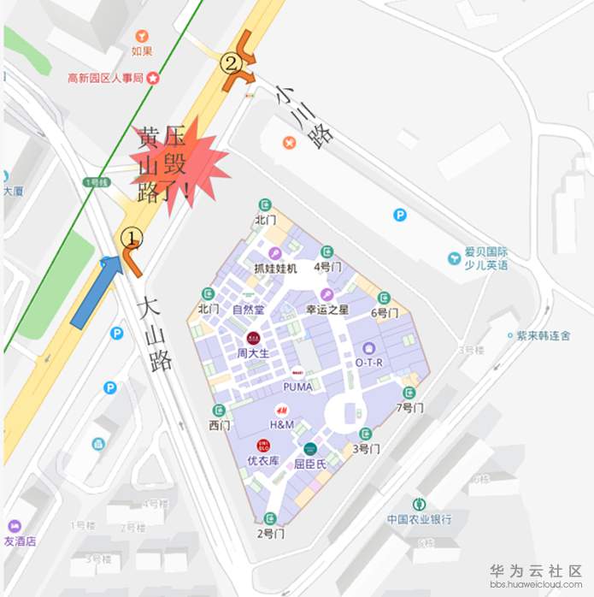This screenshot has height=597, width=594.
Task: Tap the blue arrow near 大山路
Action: pyautogui.click(x=97, y=290)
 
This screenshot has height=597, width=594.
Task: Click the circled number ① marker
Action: pyautogui.click(x=131, y=235)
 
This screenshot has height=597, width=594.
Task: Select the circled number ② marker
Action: pyautogui.click(x=230, y=62)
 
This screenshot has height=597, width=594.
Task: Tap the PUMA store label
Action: pyautogui.click(x=297, y=387)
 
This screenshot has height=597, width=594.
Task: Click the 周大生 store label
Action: pyautogui.click(x=253, y=352)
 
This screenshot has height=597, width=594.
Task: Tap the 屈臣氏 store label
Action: pyautogui.click(x=310, y=464)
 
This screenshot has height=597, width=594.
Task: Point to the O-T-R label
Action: pyautogui.click(x=369, y=362)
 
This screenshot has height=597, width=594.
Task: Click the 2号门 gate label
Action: pyautogui.click(x=270, y=534)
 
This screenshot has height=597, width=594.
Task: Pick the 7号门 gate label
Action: pyautogui.click(x=410, y=408)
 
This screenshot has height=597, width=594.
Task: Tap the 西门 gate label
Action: pyautogui.click(x=220, y=425)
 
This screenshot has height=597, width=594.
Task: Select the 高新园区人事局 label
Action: pyautogui.click(x=106, y=78)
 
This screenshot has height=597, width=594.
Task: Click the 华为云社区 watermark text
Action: pyautogui.click(x=536, y=570)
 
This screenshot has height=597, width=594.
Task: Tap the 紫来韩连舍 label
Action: pyautogui.click(x=543, y=336)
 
